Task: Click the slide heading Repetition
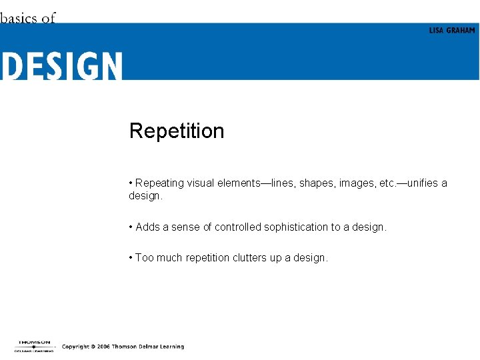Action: point(177,131)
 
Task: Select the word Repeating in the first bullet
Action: point(159,183)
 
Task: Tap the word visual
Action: point(201,183)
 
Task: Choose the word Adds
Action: point(147,227)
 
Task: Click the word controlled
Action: point(238,227)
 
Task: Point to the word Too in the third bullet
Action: point(144,258)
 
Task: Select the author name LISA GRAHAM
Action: point(452,31)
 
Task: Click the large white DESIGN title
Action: point(61,66)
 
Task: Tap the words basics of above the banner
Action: point(28,18)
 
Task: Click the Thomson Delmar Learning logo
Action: point(33,345)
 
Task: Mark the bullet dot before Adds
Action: point(131,227)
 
